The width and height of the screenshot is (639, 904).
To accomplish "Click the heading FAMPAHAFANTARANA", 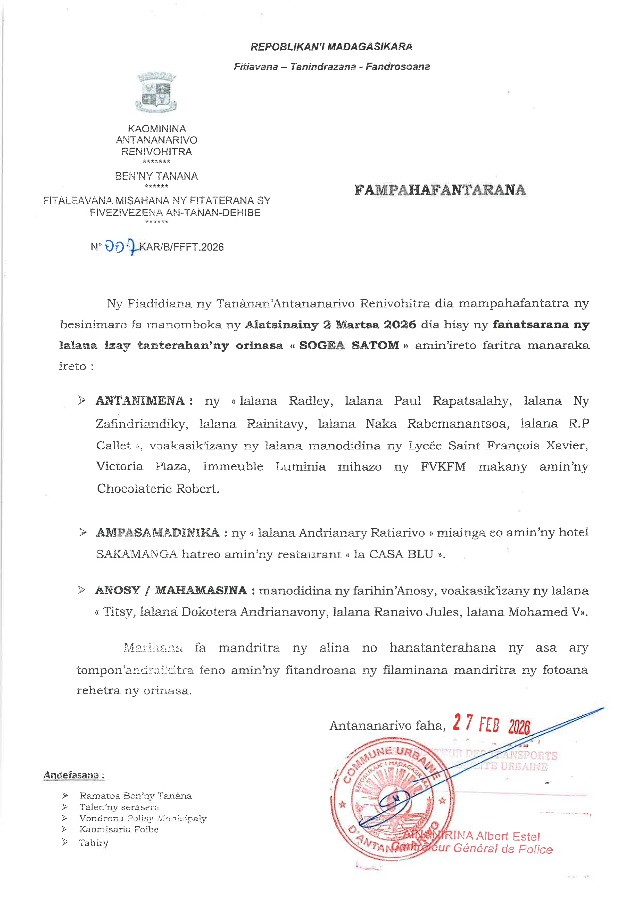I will pos(440,190).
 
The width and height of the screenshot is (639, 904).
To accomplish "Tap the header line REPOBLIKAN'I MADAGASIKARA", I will pos(331,47).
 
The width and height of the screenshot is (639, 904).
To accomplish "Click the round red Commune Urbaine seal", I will pos(393,799).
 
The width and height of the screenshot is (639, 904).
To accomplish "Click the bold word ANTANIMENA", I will pos(140,401).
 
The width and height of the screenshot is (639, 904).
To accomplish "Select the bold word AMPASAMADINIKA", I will pos(158,533).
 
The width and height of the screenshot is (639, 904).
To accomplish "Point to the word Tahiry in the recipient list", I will pos(94,843).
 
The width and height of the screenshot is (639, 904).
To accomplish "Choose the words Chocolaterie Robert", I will pos(158,489).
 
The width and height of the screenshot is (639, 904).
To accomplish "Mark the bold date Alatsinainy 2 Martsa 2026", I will pos(330,325).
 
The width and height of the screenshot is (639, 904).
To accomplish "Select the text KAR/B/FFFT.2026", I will pos(181,247).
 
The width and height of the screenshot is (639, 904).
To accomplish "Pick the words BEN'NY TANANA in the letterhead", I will pos(156,176).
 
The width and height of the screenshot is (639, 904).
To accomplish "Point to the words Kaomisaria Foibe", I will pos(119,829).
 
